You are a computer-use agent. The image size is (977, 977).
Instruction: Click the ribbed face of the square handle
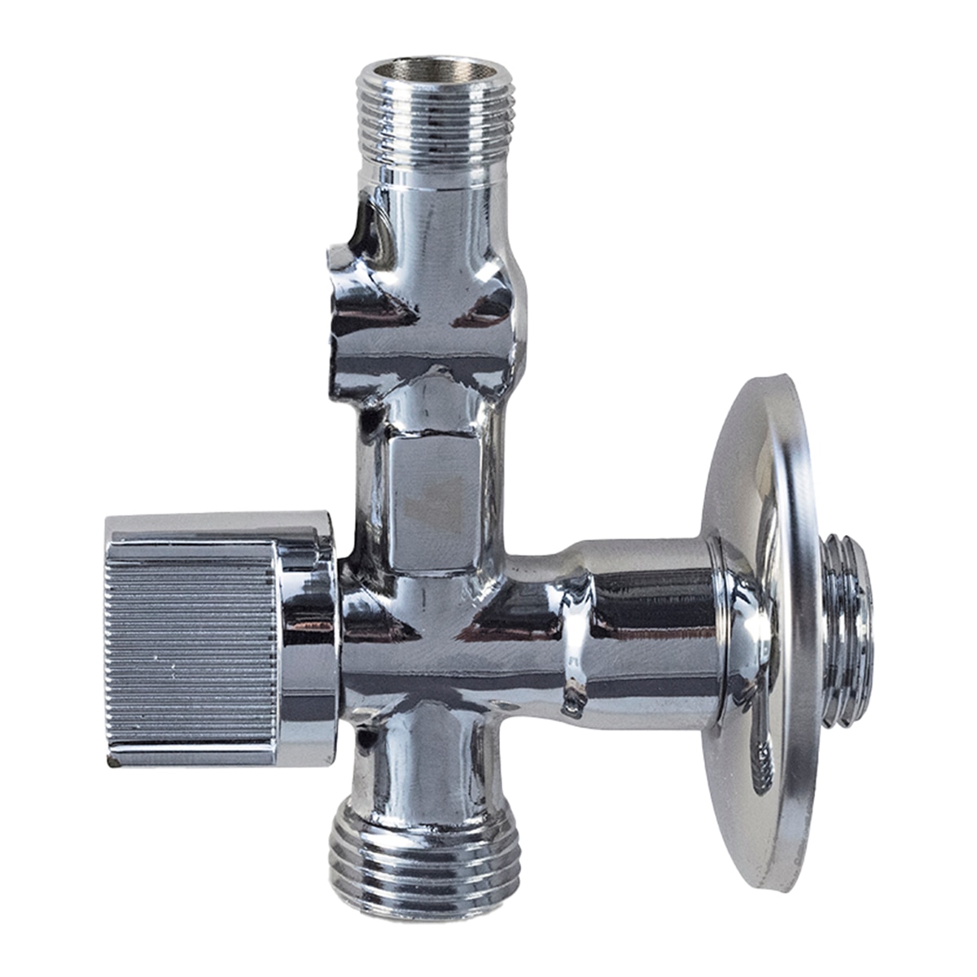[191, 643]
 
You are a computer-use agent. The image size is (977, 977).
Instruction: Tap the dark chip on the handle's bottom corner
[111, 764]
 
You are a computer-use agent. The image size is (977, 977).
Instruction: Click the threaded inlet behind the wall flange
[847, 627]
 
